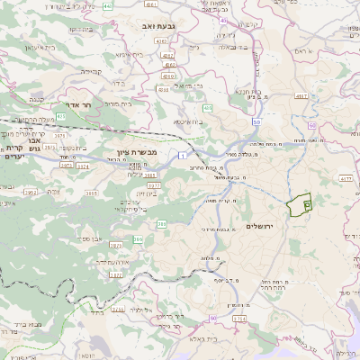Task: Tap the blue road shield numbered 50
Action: coord(256,122)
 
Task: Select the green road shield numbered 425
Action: coord(60,116)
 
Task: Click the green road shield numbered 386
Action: coord(162,223)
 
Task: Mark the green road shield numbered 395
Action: coord(138,239)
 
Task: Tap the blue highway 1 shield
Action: coord(183,157)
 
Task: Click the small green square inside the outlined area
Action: coord(307,205)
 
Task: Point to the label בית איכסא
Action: coord(185,120)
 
